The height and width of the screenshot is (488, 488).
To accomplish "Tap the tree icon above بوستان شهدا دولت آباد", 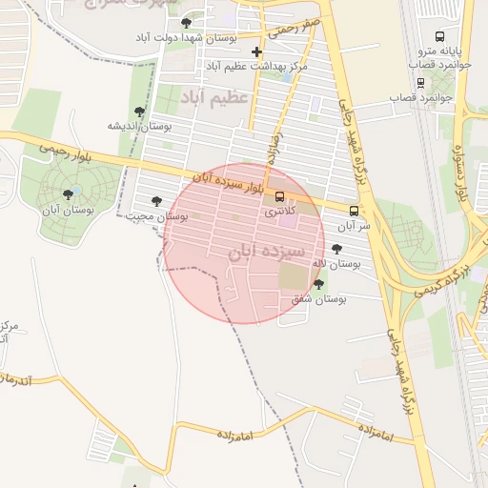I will (x=186, y=22).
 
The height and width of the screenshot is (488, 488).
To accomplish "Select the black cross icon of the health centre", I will (x=256, y=51).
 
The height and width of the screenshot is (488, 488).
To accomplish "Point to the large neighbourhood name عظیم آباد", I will (x=214, y=97).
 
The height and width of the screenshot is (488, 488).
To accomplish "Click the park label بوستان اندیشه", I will (x=139, y=126).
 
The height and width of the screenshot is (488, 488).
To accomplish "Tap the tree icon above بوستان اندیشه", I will (x=140, y=112).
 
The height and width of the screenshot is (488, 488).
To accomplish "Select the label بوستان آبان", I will (x=70, y=208).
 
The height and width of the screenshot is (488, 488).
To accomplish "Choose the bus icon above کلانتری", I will (x=279, y=196).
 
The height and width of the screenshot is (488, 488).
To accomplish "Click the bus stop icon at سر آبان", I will (x=355, y=211).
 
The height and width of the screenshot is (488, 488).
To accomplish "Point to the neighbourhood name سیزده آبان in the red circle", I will (x=266, y=252).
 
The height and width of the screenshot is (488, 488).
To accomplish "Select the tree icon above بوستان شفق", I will (x=318, y=284).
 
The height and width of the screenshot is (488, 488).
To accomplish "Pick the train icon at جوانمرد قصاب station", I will (x=421, y=82).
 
